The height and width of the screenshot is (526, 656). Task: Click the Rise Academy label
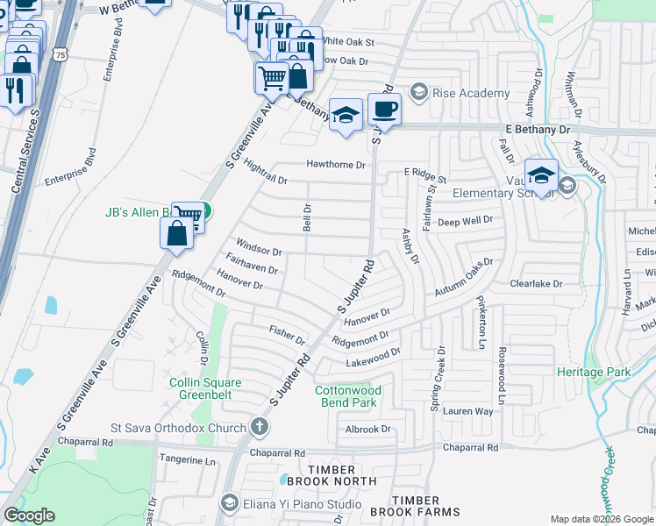(471, 93)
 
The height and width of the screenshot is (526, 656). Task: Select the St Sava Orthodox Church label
(179, 428)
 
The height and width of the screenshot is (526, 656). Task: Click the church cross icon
(259, 428)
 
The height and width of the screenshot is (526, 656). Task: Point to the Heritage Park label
(594, 372)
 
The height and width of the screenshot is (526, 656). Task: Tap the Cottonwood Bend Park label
(346, 396)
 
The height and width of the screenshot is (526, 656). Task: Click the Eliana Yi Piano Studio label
(303, 504)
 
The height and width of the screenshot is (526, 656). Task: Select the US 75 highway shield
(59, 54)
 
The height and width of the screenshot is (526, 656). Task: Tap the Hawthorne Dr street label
(335, 164)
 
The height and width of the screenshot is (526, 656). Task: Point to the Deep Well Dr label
(466, 222)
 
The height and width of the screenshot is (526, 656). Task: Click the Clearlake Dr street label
(536, 284)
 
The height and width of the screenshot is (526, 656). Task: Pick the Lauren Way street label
(467, 410)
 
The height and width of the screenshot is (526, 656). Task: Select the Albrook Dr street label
(367, 430)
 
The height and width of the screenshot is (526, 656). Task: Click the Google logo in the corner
(29, 515)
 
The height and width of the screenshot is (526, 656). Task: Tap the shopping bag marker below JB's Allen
(176, 235)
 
